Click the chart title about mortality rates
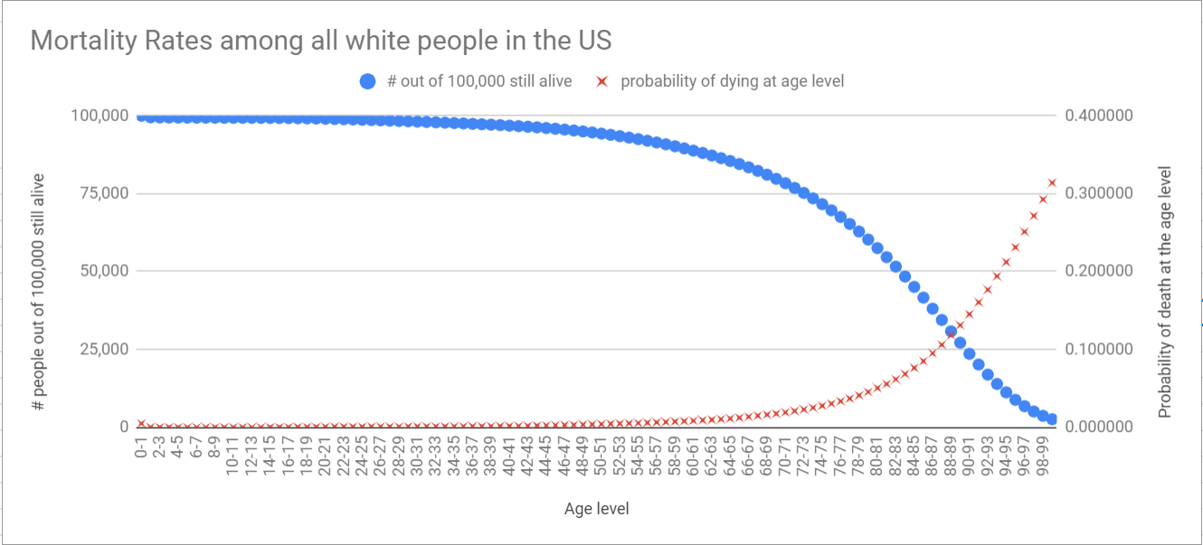click(x=321, y=41)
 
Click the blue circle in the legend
click(x=367, y=81)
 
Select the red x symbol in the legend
click(x=601, y=81)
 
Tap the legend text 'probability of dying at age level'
click(x=732, y=81)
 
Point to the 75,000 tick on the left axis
click(x=100, y=193)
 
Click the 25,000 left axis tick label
click(x=100, y=349)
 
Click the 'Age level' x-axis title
click(x=596, y=509)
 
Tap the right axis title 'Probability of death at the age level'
click(x=1165, y=292)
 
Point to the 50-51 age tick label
click(x=601, y=458)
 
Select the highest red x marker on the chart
click(x=1052, y=183)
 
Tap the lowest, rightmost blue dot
click(x=1051, y=419)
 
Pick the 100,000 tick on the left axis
click(x=98, y=116)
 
